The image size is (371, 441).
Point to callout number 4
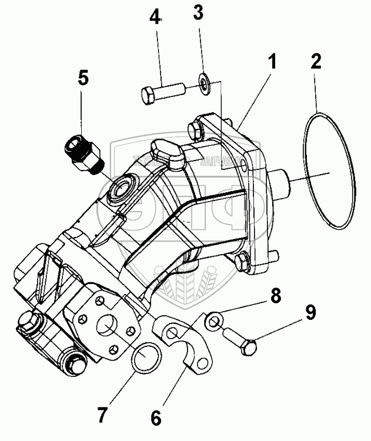click(x=155, y=16)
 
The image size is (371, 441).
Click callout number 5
click(x=83, y=78)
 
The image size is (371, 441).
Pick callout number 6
click(x=155, y=418)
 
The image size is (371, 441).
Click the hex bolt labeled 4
click(x=163, y=93)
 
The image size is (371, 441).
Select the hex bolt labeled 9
click(x=241, y=342)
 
